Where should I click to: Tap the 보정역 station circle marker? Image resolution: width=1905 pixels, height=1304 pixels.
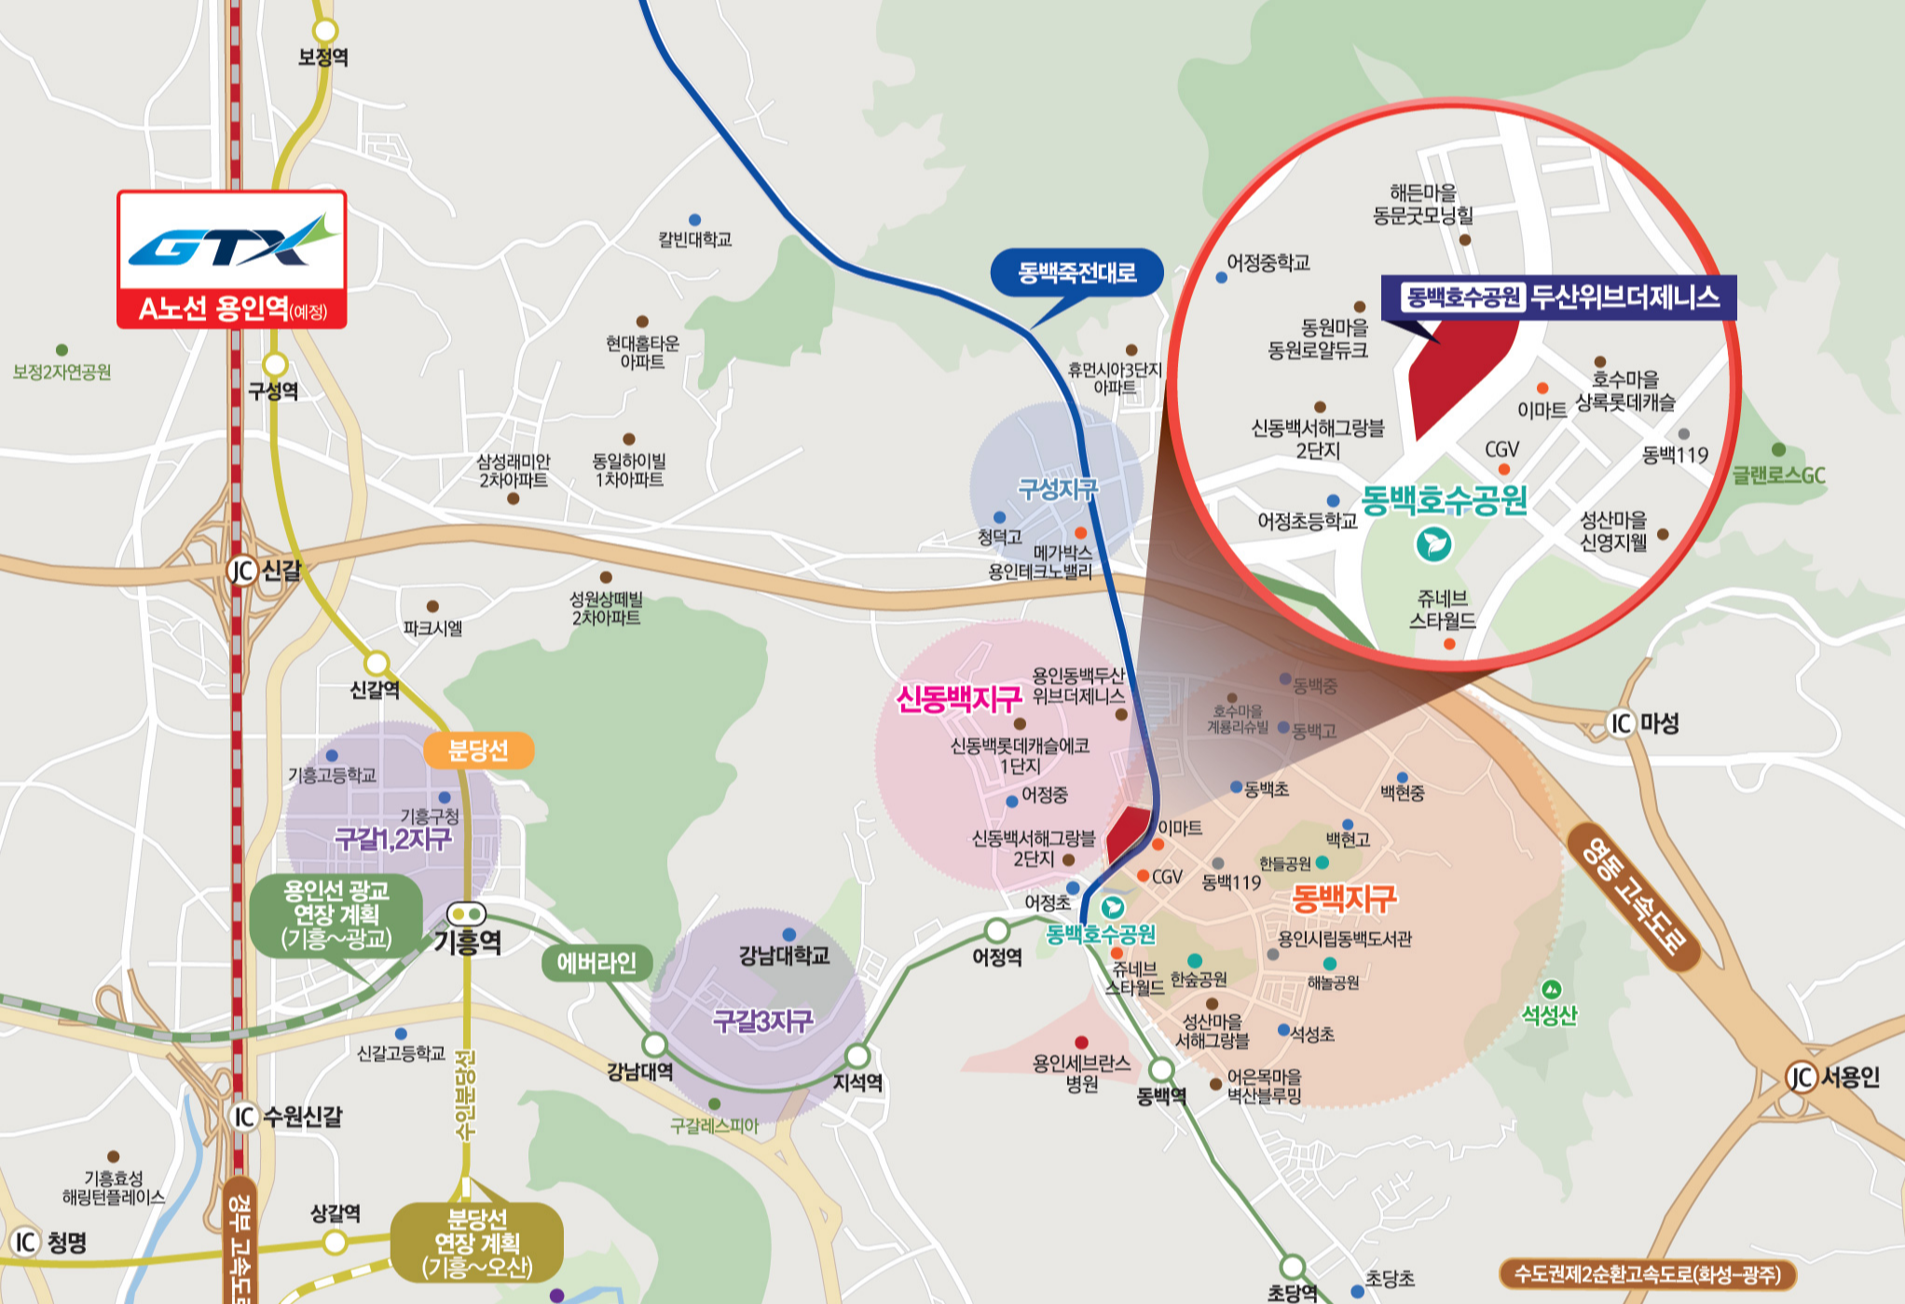coord(323,31)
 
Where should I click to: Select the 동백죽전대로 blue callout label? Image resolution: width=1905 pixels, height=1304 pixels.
coord(1076,272)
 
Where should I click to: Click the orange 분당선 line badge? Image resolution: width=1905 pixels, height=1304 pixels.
coord(478,750)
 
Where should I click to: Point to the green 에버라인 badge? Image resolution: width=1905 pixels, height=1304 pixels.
coord(596,963)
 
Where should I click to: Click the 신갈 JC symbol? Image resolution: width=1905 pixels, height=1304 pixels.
coord(241,570)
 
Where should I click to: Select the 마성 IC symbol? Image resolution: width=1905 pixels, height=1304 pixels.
coord(1622,723)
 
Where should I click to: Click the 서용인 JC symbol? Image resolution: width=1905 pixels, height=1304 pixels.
coord(1800,1078)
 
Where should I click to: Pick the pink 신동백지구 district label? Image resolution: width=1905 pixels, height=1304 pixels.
coord(958,699)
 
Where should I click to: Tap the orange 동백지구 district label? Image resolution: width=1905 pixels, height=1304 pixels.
coord(1343,899)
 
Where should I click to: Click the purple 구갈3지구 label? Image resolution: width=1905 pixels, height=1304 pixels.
coord(762,1022)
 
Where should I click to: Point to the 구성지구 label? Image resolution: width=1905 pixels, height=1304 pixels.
coord(1057,489)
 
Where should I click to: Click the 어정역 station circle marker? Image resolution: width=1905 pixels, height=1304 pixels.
coord(997,930)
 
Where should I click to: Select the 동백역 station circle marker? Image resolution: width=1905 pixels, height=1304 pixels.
coord(1161,1069)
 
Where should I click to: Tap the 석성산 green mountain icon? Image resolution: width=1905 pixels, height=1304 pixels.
coord(1551,990)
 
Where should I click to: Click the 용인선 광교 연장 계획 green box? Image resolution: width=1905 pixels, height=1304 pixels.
coord(336,914)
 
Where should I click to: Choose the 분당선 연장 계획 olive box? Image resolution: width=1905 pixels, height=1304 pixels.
coord(476,1243)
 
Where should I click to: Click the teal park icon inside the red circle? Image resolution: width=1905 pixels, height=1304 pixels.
coord(1433,543)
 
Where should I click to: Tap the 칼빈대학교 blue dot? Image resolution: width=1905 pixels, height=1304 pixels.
coord(694,220)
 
